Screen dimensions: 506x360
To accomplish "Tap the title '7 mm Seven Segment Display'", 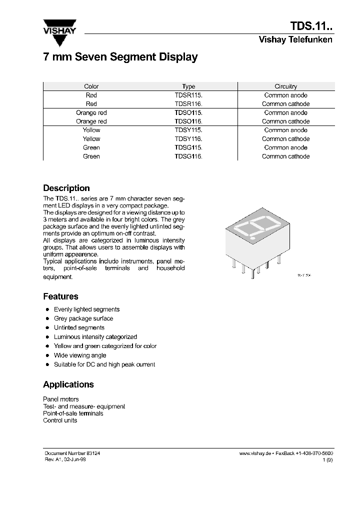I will point(120,57).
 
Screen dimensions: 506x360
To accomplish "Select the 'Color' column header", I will point(91,86).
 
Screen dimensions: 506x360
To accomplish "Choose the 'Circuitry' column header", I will point(285,86).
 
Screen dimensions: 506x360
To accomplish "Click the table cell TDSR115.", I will point(188,95).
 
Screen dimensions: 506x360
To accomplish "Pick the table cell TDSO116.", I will point(188,121).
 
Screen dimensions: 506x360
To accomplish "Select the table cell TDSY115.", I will point(188,130).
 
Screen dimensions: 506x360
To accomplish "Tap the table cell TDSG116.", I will point(188,156).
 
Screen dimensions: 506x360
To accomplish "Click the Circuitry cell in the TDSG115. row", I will point(285,147).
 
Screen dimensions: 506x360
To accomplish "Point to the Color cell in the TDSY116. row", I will point(91,139).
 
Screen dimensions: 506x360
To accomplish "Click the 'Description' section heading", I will point(66,188).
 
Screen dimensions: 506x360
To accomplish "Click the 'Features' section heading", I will point(60,296).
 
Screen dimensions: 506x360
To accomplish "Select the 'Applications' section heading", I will point(68,384).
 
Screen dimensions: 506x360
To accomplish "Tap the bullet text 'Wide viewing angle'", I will point(80,355).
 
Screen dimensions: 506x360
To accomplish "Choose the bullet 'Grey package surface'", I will point(83,318).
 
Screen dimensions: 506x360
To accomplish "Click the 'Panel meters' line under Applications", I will point(61,399).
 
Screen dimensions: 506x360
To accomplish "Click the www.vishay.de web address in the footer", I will point(255,452).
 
